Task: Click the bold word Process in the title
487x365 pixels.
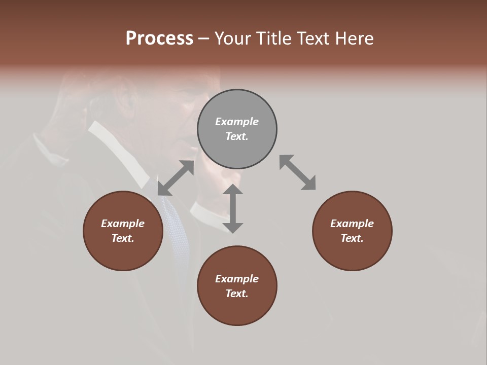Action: point(159,39)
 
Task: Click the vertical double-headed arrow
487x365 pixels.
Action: point(233,208)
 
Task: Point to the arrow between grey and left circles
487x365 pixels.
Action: point(176,178)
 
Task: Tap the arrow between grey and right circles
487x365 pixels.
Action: point(298,173)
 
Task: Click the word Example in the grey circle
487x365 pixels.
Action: point(237,122)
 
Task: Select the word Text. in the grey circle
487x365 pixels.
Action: point(237,136)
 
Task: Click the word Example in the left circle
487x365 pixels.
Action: point(123,224)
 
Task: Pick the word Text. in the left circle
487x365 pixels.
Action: point(123,238)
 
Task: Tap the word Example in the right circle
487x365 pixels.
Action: point(352,224)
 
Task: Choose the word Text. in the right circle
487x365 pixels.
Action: point(352,238)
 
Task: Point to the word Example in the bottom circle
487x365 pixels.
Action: point(237,279)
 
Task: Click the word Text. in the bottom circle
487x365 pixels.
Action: point(237,294)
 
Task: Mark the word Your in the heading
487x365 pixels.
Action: point(231,39)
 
